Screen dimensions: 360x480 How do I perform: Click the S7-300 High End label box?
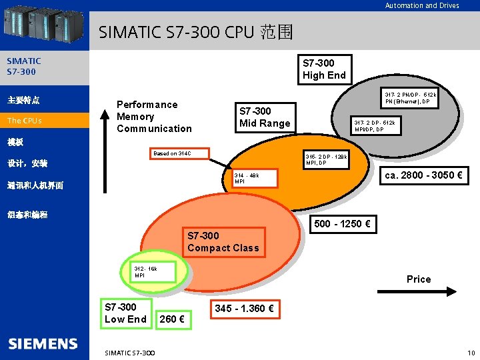[x=324, y=69]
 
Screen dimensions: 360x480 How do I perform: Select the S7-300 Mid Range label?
[x=265, y=117]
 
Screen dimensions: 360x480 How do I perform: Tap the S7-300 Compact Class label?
[x=223, y=241]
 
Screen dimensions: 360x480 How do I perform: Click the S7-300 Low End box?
[x=125, y=313]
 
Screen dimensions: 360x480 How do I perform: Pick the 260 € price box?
[x=171, y=319]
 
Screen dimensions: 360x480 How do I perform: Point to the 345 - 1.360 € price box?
[x=243, y=309]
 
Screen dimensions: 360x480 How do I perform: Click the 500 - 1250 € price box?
[x=342, y=224]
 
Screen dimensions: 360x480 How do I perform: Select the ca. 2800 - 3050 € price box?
[x=423, y=176]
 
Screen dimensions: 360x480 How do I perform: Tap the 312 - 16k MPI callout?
[x=153, y=271]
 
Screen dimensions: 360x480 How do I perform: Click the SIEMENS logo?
[x=43, y=344]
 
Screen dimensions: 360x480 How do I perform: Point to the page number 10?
[x=471, y=352]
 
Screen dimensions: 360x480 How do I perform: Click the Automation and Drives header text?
[x=422, y=5]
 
